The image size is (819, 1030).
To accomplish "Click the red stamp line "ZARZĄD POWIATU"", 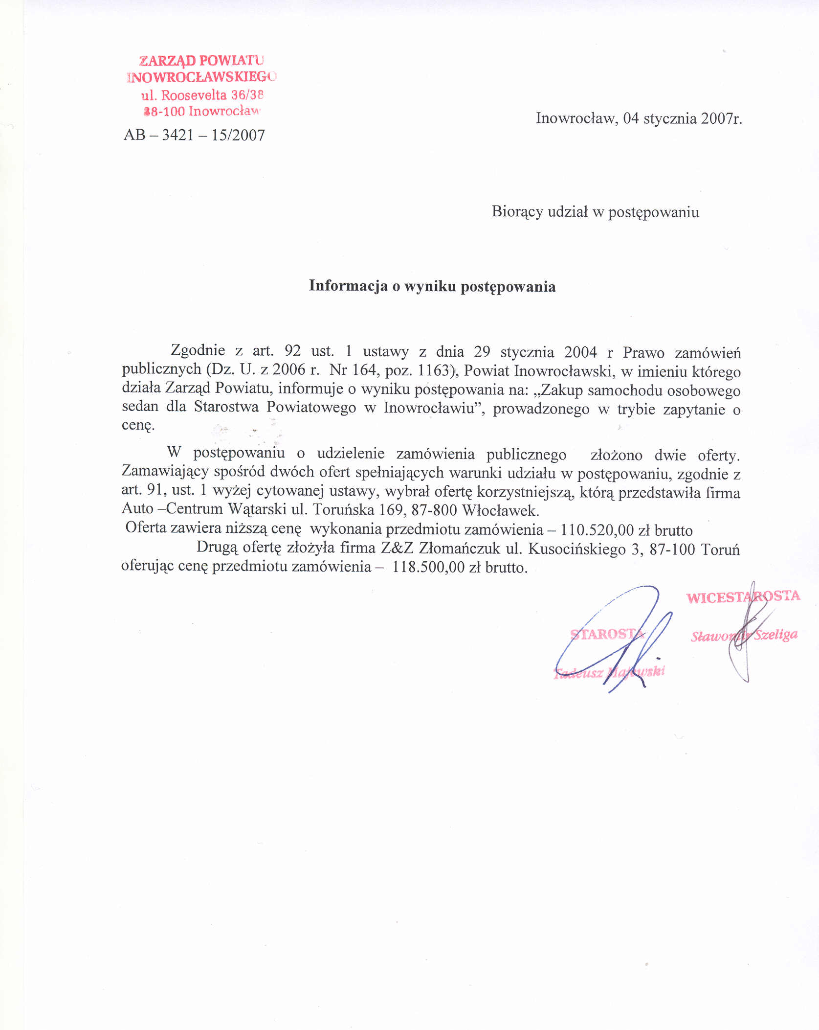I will [x=201, y=60].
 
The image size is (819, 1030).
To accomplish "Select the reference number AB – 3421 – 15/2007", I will [x=194, y=135].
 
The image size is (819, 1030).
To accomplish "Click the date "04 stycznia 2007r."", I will [x=683, y=118].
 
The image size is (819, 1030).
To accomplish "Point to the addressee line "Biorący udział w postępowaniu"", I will [x=595, y=212].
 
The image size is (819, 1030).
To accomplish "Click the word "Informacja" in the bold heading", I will [x=348, y=286].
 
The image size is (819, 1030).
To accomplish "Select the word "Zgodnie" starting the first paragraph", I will [x=198, y=350].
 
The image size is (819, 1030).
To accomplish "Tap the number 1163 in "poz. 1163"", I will [x=433, y=370].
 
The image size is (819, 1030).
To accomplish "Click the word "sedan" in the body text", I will [x=140, y=407].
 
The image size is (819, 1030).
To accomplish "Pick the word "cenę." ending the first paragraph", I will [x=138, y=425].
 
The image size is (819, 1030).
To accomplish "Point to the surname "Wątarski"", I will [x=257, y=509].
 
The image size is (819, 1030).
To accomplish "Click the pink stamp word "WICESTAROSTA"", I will [x=743, y=597].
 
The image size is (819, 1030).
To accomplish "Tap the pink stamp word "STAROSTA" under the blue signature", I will [x=607, y=634].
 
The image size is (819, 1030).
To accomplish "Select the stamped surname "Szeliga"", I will [x=775, y=635].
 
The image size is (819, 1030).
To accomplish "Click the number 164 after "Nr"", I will [x=363, y=369].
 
